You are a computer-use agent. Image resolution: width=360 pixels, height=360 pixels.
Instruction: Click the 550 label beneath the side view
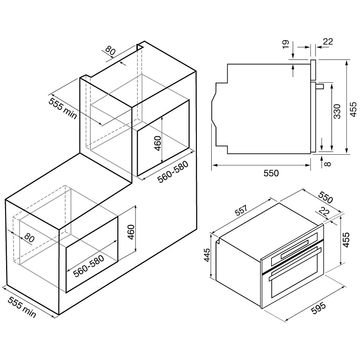pos(271,173)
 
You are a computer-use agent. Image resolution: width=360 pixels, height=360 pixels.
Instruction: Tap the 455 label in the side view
pos(353,109)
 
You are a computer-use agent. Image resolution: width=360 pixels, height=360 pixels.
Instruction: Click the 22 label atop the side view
pos(328,42)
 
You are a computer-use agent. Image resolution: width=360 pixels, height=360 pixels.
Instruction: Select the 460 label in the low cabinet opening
pos(131,232)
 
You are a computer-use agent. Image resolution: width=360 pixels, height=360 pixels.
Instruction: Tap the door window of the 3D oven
pos(294,281)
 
